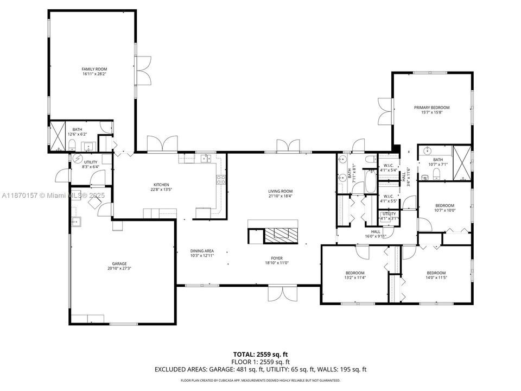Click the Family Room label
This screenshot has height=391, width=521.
(x=94, y=70)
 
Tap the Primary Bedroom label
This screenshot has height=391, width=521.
(x=431, y=108)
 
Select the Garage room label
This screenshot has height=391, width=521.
(x=119, y=263)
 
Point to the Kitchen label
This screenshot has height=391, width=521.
(x=161, y=185)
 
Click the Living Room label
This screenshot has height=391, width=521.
(x=280, y=191)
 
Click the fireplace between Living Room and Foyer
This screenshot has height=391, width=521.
(x=281, y=234)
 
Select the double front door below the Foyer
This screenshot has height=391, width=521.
(x=283, y=293)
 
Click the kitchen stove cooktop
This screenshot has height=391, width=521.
(x=221, y=179)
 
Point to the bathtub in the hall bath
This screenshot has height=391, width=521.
(x=370, y=182)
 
